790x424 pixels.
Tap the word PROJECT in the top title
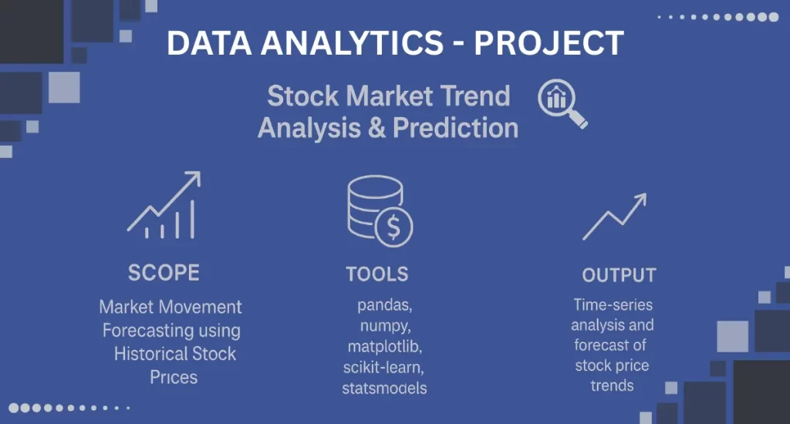[x=548, y=43]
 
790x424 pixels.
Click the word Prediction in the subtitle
[x=455, y=127]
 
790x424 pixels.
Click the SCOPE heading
[x=164, y=273]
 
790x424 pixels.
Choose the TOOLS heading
[x=377, y=274]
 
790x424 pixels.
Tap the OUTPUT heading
[x=619, y=275]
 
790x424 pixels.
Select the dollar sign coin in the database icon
[x=393, y=227]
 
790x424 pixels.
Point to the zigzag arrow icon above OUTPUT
[x=614, y=217]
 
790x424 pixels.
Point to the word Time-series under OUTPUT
[x=613, y=305]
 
